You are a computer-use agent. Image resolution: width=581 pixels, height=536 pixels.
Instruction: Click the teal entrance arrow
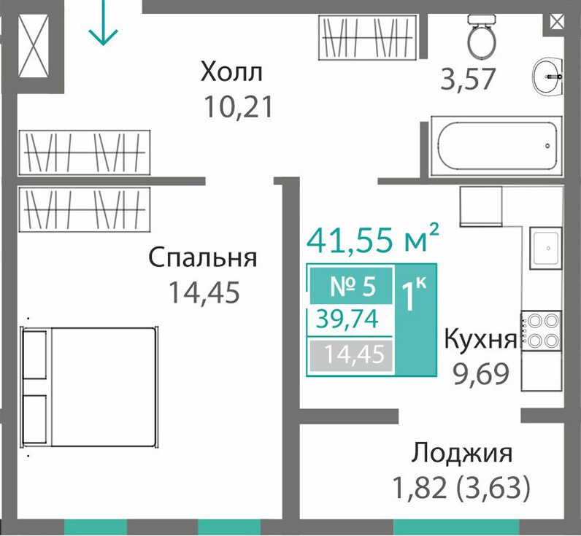coord(103,22)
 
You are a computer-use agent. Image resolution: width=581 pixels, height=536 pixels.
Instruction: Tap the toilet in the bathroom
coord(481,36)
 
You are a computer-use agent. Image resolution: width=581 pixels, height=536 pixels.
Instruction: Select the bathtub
coord(496,147)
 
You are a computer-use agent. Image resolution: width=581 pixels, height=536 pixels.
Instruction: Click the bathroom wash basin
coord(548,77)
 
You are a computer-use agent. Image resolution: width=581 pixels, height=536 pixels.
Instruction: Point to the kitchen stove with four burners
coord(542,330)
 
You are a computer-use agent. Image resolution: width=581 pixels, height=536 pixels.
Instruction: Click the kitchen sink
coord(545,248)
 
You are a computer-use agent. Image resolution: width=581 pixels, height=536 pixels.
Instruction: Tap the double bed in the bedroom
coord(89,387)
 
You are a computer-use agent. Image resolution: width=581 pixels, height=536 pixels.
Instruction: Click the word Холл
coord(231,71)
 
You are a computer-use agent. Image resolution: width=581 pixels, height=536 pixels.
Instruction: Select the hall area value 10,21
coord(238,106)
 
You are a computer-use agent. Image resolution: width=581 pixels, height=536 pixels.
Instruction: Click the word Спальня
coord(202,257)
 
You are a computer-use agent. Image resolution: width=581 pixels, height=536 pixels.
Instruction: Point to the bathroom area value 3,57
coord(468,79)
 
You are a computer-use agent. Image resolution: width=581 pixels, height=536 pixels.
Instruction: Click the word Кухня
coord(480,338)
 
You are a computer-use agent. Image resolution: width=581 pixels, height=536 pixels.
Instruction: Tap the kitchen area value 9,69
coord(480,374)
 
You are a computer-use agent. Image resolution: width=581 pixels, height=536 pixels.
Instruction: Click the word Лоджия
coord(462,452)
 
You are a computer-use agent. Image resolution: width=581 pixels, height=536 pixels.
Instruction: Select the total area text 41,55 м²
coord(373,238)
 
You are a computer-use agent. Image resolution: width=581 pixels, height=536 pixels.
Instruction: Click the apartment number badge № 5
coord(351,286)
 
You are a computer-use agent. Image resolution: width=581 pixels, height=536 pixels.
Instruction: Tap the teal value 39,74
coord(347,319)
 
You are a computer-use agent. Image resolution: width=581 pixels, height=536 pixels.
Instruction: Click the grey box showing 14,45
coord(351,355)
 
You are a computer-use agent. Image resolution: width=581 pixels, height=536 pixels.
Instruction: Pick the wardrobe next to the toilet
coord(369,37)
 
